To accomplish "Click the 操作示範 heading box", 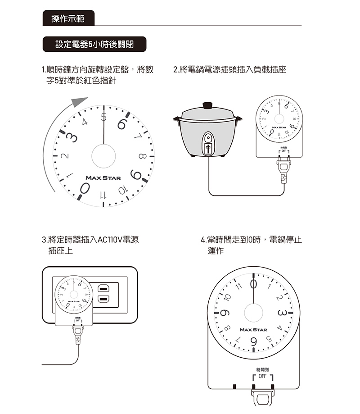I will click(x=68, y=18).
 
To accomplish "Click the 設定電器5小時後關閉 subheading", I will click(x=94, y=45).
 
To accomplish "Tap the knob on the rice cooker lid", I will click(x=207, y=105).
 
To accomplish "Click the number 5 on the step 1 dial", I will click(x=104, y=118).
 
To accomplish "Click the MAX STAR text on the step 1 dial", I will click(x=103, y=178).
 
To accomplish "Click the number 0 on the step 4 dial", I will click(x=254, y=285).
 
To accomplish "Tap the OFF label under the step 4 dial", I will click(x=262, y=376).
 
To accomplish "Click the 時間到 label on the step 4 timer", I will click(x=262, y=369).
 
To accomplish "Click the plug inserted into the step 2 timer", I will click(x=283, y=167).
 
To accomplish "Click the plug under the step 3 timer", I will click(x=78, y=335).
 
